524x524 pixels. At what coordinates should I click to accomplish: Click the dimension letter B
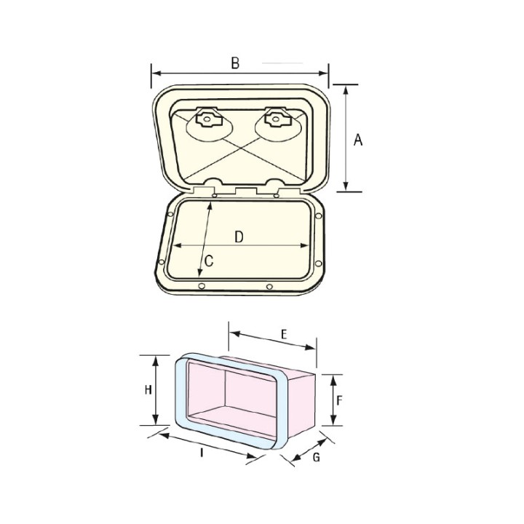[x=235, y=63]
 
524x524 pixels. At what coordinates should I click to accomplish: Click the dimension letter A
[x=357, y=140]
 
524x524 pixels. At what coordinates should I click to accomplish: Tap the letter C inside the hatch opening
[x=208, y=261]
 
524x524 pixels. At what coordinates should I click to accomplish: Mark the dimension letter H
[x=147, y=390]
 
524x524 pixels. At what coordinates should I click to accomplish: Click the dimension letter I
[x=200, y=453]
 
